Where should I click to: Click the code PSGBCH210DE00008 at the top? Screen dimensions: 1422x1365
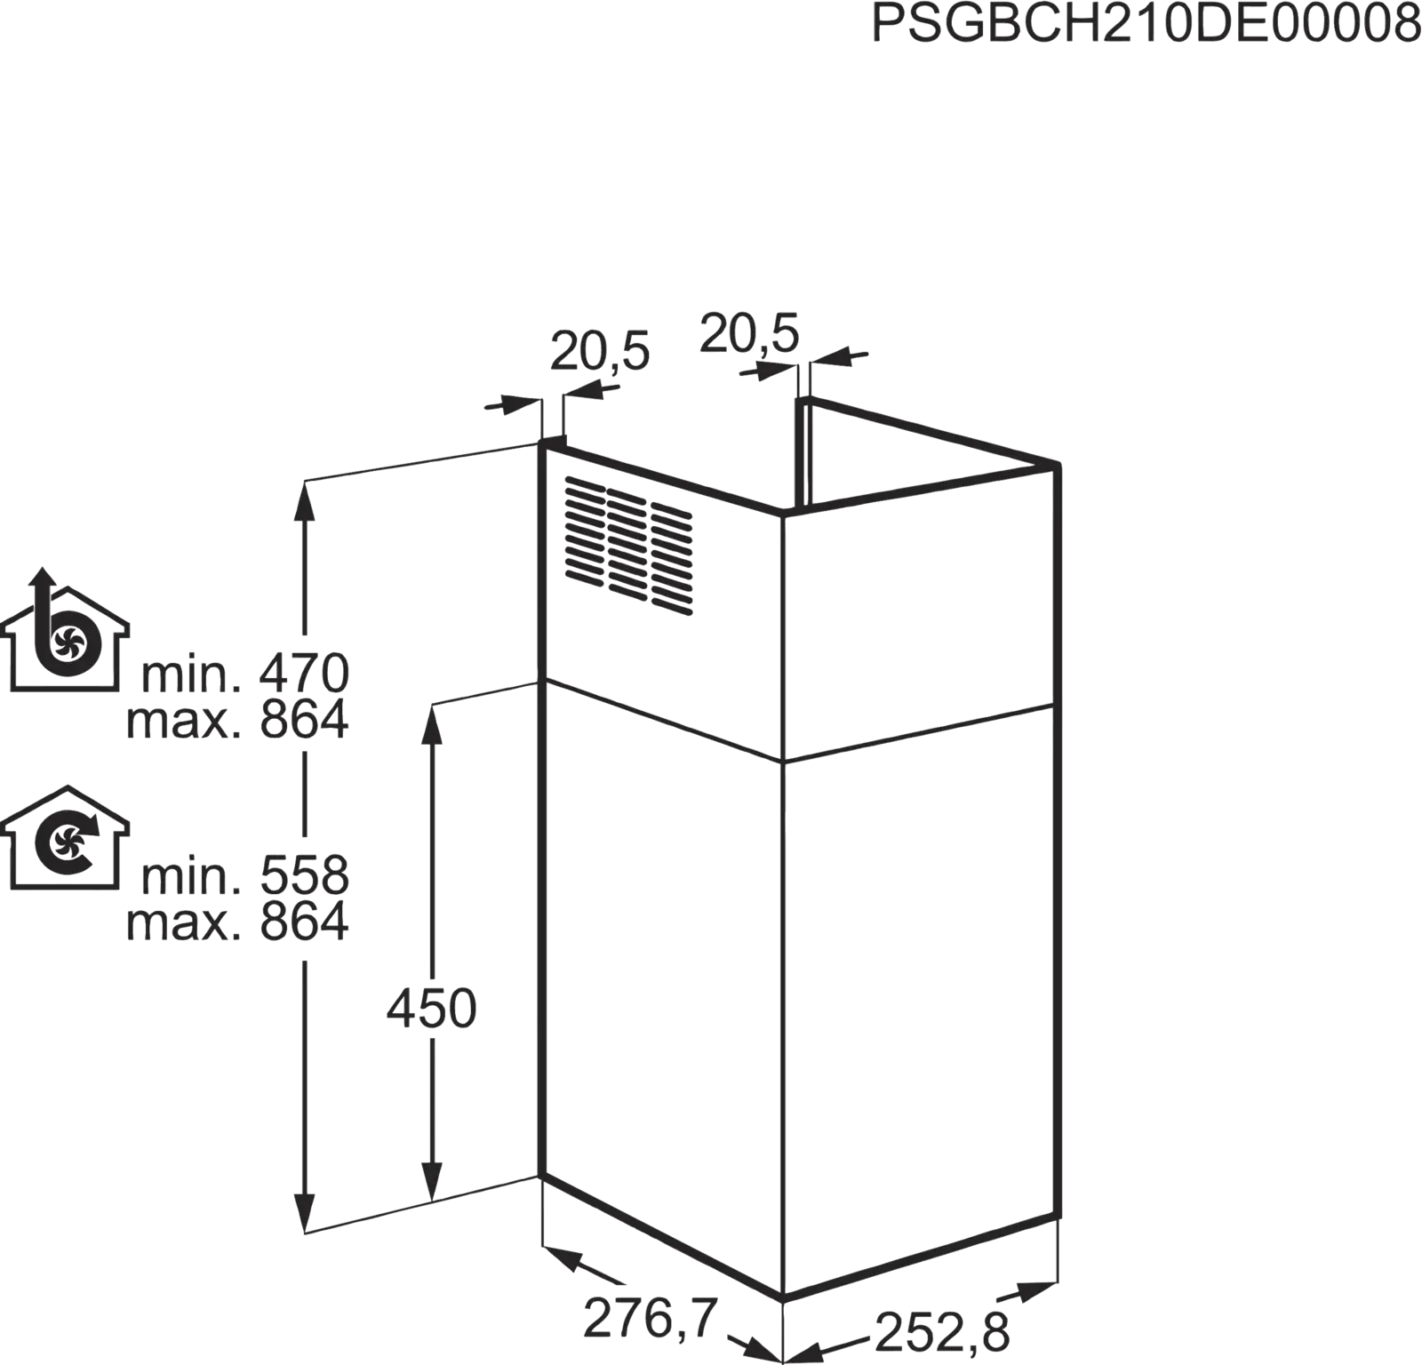(1146, 24)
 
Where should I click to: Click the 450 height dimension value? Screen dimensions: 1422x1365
(431, 1010)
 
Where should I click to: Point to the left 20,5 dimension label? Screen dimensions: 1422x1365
(600, 352)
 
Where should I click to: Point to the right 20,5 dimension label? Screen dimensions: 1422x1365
(749, 333)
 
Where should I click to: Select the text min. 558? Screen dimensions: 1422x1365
(245, 875)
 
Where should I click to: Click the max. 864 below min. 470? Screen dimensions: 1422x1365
(237, 721)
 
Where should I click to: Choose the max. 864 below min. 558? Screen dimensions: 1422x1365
(237, 922)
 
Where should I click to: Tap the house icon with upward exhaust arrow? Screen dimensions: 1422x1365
(64, 629)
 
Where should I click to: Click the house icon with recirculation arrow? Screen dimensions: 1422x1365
(64, 837)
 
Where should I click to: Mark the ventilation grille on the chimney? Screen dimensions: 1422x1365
(628, 546)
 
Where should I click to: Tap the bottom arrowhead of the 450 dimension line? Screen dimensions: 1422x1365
(432, 1183)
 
